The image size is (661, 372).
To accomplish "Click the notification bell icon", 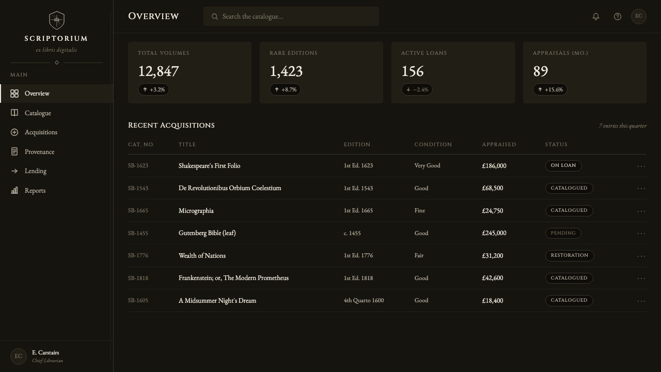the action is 596,17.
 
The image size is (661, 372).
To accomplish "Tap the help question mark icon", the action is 617,17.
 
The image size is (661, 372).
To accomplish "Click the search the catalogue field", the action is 291,16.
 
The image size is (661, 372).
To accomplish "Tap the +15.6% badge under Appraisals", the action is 550,89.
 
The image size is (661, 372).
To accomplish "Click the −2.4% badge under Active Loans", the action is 417,89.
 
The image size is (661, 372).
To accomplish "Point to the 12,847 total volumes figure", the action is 159,71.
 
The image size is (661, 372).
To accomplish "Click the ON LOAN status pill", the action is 563,166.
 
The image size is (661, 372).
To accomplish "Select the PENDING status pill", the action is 563,233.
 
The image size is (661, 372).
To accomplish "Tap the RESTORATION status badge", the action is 570,255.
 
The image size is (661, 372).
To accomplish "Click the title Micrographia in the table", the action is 196,211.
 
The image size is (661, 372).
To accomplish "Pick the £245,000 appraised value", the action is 494,233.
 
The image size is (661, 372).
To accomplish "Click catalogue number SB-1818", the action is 138,278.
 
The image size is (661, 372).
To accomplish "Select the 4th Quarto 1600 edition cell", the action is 364,301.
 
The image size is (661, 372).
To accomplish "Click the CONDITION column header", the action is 433,144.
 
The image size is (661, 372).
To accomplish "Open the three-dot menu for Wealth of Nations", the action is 641,256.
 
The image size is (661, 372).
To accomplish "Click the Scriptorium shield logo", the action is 57,20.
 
